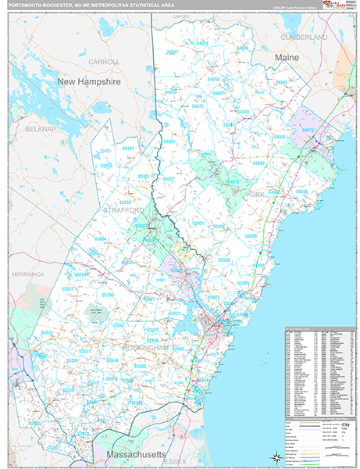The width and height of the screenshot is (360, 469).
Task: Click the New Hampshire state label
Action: click(87, 81)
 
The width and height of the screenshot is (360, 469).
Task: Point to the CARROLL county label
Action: click(104, 61)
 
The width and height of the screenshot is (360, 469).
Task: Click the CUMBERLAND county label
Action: click(305, 37)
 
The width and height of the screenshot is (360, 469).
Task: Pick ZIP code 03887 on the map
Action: click(128, 148)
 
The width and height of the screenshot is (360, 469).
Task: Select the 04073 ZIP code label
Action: click(232, 181)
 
